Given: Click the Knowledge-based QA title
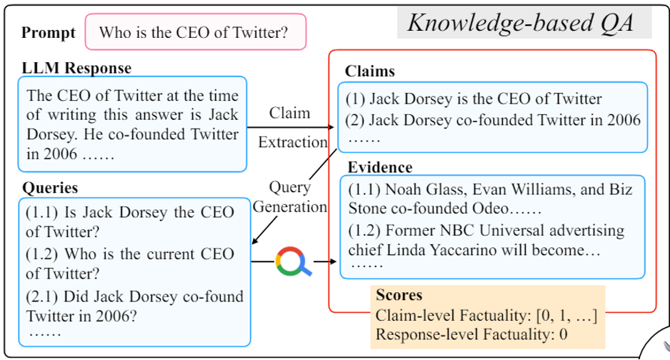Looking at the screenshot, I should (520, 24).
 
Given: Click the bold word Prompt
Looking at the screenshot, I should (48, 32).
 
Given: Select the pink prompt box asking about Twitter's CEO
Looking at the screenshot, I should (195, 32).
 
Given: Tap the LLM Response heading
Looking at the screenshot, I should (77, 69).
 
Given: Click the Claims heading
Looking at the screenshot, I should (370, 71).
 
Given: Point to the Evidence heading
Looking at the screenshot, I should (380, 167).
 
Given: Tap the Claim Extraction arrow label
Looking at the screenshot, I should (290, 127).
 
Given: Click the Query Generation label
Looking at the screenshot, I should (290, 199).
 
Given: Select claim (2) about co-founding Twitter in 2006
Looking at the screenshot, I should (493, 120).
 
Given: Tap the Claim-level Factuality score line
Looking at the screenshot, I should (486, 315).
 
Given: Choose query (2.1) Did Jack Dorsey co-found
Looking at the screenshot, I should (134, 305).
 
